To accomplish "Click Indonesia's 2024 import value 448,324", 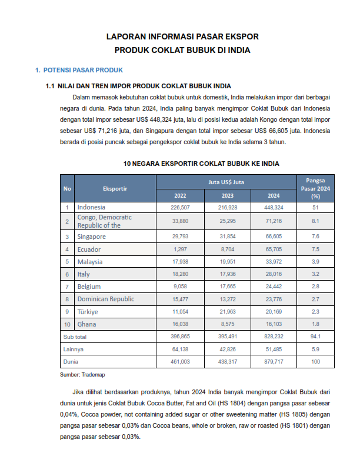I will click(x=274, y=208).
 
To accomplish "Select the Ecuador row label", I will click(x=89, y=249).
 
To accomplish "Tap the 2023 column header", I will click(x=226, y=195).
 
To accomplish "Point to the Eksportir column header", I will click(x=115, y=188).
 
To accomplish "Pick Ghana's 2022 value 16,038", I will click(x=179, y=324).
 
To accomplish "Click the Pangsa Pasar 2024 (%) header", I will click(x=315, y=188).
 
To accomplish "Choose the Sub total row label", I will click(x=75, y=337).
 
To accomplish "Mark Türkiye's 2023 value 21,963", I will click(x=226, y=311).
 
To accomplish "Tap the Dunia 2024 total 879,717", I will click(x=274, y=361).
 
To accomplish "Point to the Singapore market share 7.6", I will click(x=315, y=237).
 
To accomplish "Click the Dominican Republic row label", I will click(x=105, y=299).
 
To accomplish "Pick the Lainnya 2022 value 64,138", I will click(x=179, y=349).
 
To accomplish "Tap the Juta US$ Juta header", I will click(x=226, y=182).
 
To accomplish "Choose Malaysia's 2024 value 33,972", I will click(x=274, y=262).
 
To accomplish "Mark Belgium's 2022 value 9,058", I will click(x=179, y=287).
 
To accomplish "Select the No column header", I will click(x=67, y=188).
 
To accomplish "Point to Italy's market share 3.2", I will click(x=315, y=274).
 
